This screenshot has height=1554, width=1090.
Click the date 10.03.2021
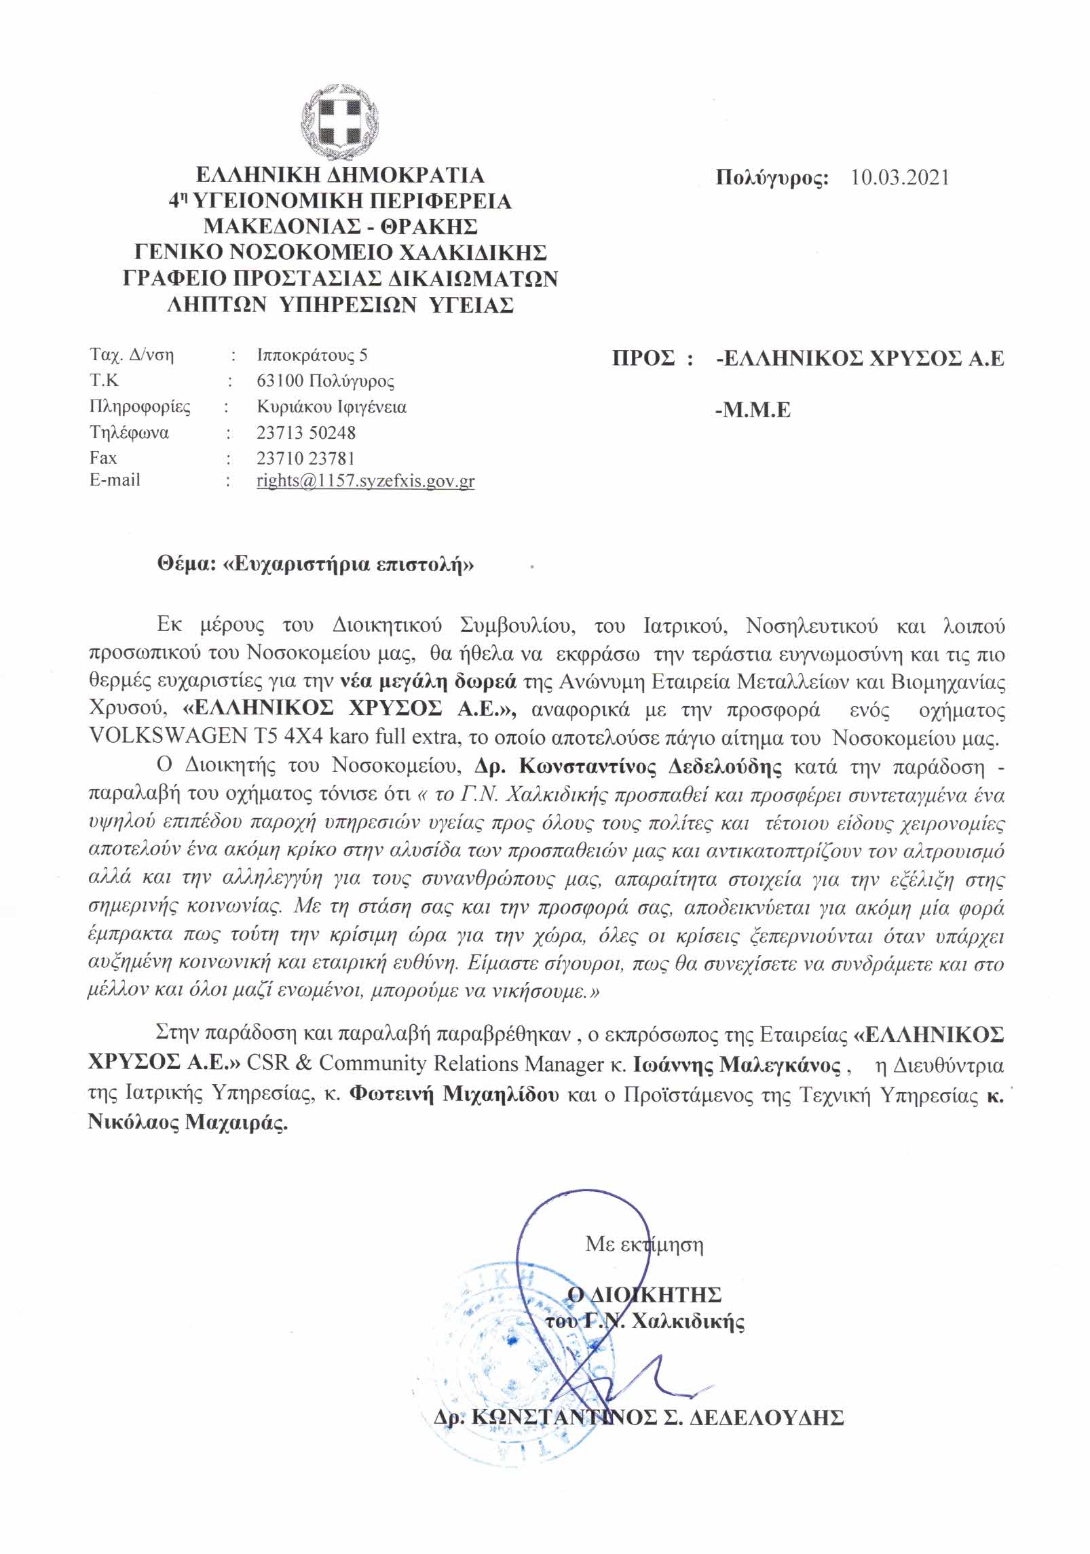900,178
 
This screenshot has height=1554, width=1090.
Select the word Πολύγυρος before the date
772,178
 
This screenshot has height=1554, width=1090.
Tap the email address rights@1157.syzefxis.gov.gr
365,482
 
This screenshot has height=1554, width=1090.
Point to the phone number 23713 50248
305,432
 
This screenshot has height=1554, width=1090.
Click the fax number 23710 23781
305,458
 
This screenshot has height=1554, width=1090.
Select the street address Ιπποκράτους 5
312,355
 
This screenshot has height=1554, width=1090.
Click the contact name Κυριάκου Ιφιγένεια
331,407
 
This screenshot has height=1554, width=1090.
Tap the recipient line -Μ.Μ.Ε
753,410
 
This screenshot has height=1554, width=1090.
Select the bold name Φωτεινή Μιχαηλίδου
454,1095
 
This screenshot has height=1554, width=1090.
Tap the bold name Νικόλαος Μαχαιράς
188,1123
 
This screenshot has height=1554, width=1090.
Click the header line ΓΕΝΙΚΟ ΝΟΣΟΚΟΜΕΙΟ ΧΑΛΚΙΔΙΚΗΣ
340,253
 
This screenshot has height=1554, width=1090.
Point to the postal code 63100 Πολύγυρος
325,381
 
